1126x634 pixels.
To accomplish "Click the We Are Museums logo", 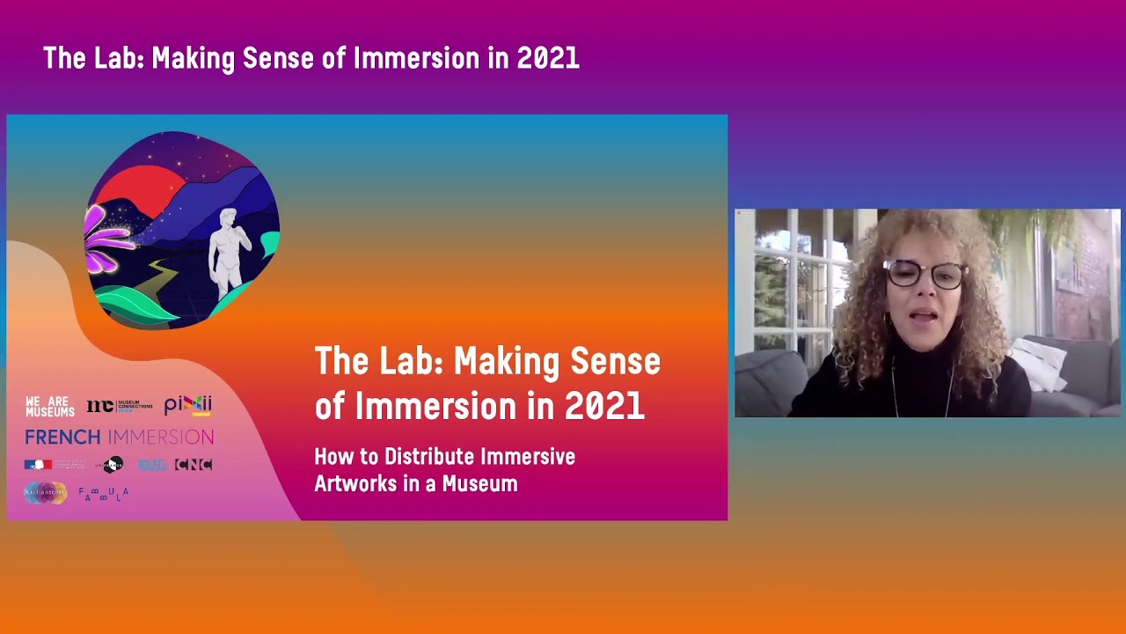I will pos(50,407).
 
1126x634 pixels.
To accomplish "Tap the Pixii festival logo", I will pos(188,405).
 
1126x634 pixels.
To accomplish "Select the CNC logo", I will pos(194,465).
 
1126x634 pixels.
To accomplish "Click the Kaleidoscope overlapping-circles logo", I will pos(45,493).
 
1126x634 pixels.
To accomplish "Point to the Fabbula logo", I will pos(104,494).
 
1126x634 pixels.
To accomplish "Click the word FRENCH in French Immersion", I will pos(62,437).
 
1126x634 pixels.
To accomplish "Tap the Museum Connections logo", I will pos(120,406).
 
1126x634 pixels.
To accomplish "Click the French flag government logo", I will pos(38,465).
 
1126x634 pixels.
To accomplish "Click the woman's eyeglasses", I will pos(925,275).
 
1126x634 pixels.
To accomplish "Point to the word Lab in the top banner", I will pos(117,59).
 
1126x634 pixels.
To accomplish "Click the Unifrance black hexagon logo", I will pos(113,465).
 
